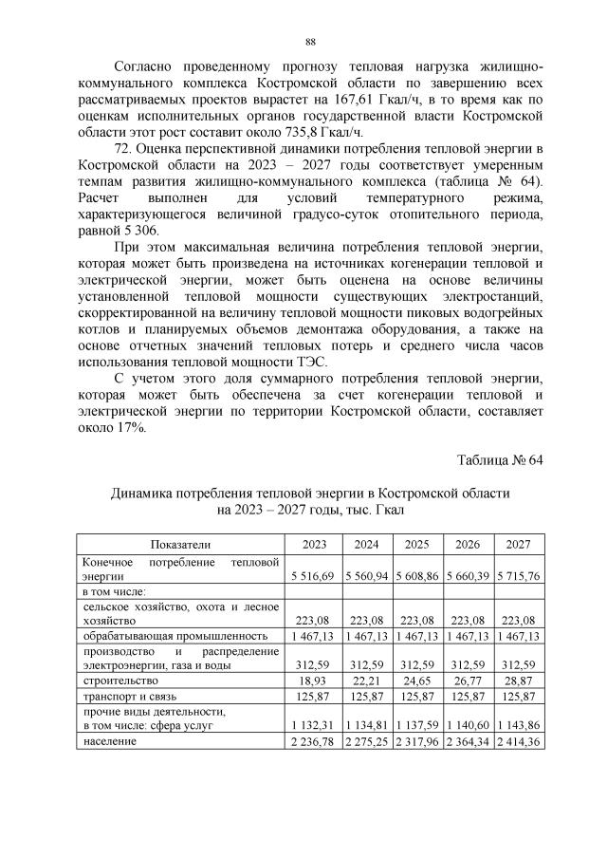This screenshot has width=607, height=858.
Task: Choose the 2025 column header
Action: point(416,544)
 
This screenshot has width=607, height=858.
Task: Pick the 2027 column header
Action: point(518,544)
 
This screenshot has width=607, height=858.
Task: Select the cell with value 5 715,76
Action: point(518,575)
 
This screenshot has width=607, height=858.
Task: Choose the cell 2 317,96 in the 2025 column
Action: point(416,740)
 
